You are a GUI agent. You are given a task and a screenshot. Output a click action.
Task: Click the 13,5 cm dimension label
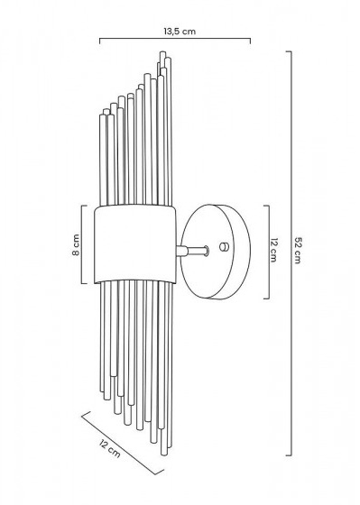point(180,32)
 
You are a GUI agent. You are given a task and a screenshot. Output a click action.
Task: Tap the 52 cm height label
point(297,251)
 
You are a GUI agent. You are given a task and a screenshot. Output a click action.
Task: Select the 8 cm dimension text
point(76,244)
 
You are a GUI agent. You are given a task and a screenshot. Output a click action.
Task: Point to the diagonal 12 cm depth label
point(110,449)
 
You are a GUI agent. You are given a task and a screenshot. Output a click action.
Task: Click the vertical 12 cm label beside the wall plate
point(273,251)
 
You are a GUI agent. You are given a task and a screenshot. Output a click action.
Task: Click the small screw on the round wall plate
point(224,247)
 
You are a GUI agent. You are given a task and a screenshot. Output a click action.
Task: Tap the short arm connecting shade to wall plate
point(192,251)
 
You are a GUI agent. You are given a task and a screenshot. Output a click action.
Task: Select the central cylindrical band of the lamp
point(135,244)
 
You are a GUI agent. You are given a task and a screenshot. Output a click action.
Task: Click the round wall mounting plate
point(216,252)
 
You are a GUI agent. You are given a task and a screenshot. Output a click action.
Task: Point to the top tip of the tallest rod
point(162,51)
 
